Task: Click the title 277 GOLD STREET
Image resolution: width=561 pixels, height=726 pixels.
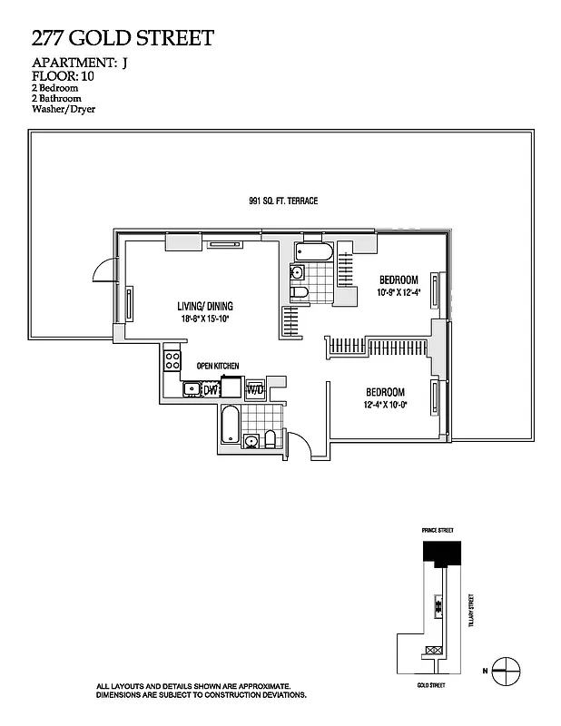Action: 123,38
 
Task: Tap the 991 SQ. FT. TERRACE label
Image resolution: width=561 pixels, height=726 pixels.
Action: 283,201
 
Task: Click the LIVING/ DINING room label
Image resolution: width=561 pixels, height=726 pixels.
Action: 205,307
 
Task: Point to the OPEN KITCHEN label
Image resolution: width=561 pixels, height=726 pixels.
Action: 218,366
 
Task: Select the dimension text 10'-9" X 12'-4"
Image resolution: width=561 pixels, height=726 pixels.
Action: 399,292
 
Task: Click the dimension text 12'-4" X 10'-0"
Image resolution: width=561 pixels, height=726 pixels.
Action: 386,404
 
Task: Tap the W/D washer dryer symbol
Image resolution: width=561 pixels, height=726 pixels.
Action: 254,389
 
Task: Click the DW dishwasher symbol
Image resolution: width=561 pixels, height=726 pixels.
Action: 211,390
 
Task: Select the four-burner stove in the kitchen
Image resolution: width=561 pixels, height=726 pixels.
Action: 172,360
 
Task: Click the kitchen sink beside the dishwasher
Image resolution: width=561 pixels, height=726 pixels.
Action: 192,390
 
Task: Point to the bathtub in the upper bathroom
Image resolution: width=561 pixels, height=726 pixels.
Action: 313,251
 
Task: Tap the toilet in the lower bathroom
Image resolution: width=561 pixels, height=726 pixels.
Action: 269,440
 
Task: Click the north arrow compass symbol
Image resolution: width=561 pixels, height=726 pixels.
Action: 507,671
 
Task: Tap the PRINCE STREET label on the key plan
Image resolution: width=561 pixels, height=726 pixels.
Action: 437,530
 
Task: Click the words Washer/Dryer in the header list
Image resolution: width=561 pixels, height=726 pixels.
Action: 64,109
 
